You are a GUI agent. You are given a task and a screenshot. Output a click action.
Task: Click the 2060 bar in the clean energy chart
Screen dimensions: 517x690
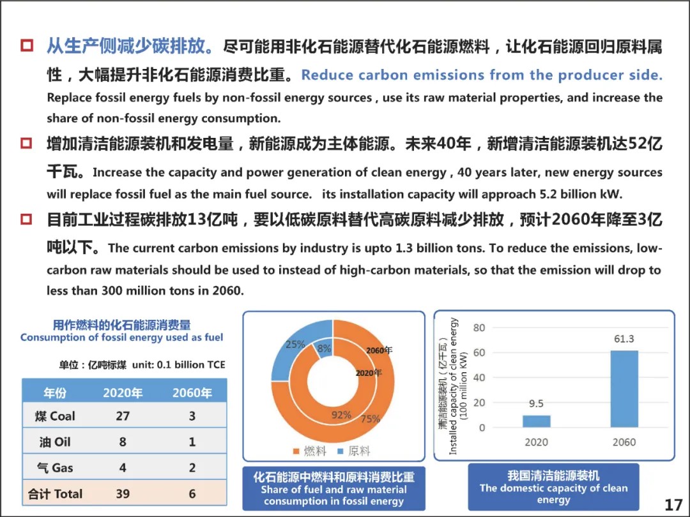pos(624,389)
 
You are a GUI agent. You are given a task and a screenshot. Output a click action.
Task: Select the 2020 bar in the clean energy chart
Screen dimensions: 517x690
pos(536,421)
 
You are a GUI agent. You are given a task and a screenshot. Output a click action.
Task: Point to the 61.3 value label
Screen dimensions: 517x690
pos(624,339)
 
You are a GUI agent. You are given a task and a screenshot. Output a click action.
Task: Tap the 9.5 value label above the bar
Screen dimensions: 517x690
pos(536,403)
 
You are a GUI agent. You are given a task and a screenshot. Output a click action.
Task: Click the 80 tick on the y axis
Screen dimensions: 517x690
pos(479,327)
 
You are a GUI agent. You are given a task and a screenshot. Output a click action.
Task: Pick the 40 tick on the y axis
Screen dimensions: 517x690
pos(479,378)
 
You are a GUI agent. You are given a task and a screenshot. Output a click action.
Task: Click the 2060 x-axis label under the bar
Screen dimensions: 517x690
pos(624,442)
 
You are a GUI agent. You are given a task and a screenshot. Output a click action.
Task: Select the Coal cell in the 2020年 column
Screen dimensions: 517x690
pos(123,416)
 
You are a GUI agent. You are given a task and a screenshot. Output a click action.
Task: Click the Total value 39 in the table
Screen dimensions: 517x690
pos(123,493)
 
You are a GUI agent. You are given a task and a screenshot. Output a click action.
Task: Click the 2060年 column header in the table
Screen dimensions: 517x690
pos(192,393)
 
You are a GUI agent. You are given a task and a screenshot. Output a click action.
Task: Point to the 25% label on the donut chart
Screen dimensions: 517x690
pos(295,345)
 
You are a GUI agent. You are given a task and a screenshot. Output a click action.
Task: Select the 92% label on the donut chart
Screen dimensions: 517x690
pos(341,415)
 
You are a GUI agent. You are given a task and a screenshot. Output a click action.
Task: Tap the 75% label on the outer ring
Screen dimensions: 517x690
pos(370,419)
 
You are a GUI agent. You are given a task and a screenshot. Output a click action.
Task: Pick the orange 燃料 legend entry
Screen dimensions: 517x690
pos(309,451)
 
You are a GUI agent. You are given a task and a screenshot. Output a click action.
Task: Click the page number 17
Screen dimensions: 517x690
pos(673,506)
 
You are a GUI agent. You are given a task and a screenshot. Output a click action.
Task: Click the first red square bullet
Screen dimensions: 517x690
pos(27,46)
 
